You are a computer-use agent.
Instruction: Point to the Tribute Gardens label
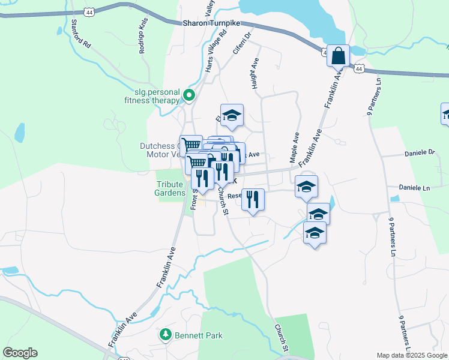tap(170, 188)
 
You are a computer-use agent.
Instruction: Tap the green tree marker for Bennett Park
tap(165, 334)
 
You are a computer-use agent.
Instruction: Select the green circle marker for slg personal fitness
tap(189, 95)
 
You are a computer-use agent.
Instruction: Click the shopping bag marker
tap(339, 56)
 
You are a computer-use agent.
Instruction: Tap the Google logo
tap(20, 353)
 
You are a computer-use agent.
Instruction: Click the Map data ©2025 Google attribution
tap(411, 355)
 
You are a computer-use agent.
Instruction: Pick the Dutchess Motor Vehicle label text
tap(159, 149)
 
